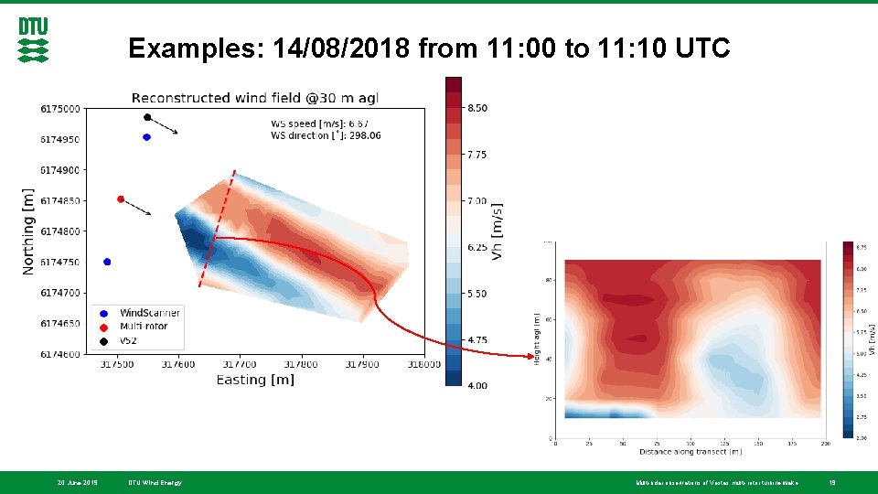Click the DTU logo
click(x=34, y=40)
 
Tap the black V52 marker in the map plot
click(x=147, y=117)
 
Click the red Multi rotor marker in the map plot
click(x=121, y=199)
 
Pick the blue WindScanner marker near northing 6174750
click(x=107, y=262)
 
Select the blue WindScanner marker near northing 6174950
click(x=146, y=137)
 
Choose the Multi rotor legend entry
click(x=143, y=326)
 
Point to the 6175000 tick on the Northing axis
click(x=59, y=109)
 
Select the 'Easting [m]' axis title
click(x=255, y=380)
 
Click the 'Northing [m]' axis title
click(x=29, y=231)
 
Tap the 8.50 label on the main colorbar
click(x=476, y=108)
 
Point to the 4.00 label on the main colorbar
click(x=476, y=386)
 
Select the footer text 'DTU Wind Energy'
click(x=155, y=482)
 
